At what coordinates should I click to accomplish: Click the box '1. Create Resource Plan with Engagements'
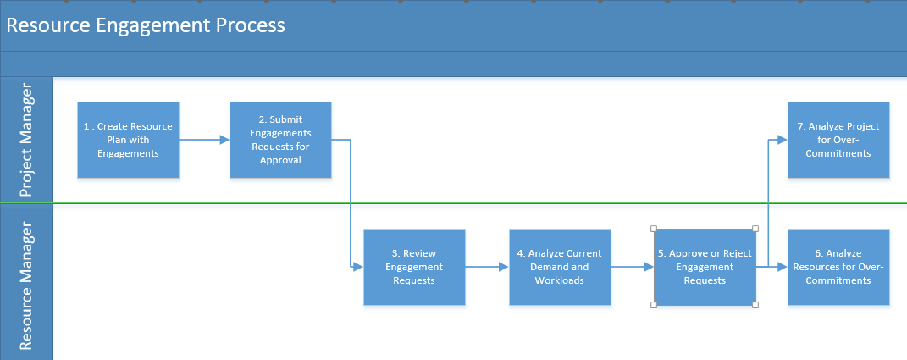pyautogui.click(x=129, y=140)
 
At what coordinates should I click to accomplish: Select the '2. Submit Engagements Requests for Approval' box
pyautogui.click(x=280, y=140)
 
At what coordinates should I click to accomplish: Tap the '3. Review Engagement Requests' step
pyautogui.click(x=414, y=267)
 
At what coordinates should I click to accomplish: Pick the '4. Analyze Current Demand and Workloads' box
pyautogui.click(x=560, y=267)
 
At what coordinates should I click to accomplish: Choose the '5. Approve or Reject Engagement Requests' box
pyautogui.click(x=705, y=267)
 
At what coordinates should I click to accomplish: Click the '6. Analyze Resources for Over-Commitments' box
pyautogui.click(x=838, y=267)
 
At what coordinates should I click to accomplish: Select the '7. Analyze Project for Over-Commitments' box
pyautogui.click(x=838, y=140)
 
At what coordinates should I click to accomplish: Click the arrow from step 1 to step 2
pyautogui.click(x=204, y=140)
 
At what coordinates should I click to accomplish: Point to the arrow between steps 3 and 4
pyautogui.click(x=487, y=267)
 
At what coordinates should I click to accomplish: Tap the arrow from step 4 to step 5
pyautogui.click(x=633, y=267)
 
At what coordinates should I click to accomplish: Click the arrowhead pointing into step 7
pyautogui.click(x=783, y=140)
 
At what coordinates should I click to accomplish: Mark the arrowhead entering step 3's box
pyautogui.click(x=358, y=267)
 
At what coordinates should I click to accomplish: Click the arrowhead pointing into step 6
pyautogui.click(x=783, y=267)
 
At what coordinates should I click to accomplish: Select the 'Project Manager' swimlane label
pyautogui.click(x=26, y=140)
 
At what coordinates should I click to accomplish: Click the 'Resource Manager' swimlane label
pyautogui.click(x=26, y=285)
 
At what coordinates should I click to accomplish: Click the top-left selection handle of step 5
pyautogui.click(x=654, y=229)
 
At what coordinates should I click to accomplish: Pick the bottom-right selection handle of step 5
pyautogui.click(x=755, y=305)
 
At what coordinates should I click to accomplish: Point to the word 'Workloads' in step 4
pyautogui.click(x=559, y=280)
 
